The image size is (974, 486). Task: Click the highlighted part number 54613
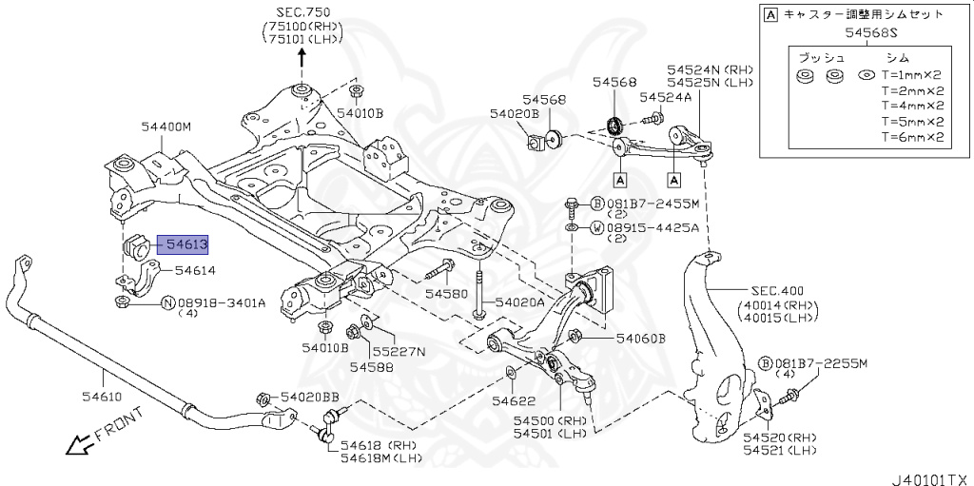click(186, 244)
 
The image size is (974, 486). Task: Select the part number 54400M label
click(166, 126)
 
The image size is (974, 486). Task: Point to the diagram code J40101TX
click(930, 473)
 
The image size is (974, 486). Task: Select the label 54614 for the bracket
click(195, 270)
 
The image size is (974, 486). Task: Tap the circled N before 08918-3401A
click(167, 303)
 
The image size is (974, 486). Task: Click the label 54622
click(513, 401)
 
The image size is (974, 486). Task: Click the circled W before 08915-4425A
click(596, 227)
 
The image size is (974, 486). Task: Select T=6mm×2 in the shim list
click(911, 136)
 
